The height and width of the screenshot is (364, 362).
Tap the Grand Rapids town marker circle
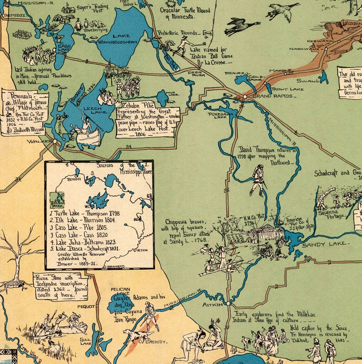[x=245, y=97]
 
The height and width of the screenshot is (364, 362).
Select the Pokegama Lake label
[x=217, y=115]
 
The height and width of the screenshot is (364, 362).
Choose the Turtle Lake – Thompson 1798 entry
[x=85, y=213]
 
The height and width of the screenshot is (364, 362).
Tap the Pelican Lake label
[x=120, y=292]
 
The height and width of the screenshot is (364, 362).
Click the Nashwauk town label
[x=301, y=48]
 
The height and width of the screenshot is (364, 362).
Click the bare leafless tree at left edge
[x=18, y=260]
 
